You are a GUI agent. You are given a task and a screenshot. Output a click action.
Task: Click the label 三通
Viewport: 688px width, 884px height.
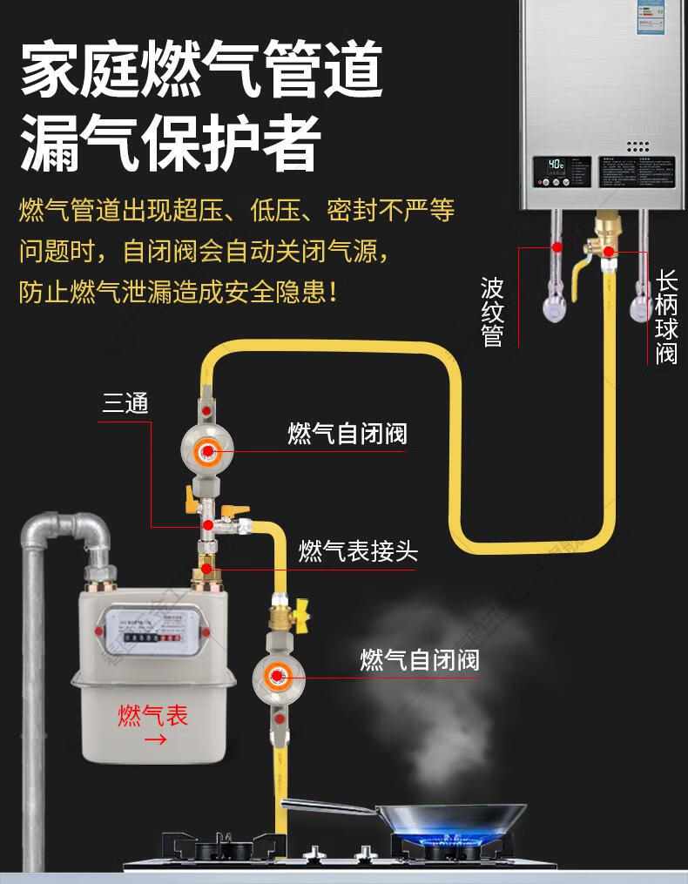tap(126, 403)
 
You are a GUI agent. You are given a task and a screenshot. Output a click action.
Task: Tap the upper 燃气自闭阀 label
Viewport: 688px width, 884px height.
tap(347, 434)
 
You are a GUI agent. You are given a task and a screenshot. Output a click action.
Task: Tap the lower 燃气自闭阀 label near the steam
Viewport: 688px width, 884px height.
tap(420, 659)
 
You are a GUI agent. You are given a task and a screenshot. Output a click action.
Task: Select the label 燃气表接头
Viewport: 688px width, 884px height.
tap(358, 550)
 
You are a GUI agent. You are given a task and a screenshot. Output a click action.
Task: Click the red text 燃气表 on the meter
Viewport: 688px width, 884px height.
tap(153, 716)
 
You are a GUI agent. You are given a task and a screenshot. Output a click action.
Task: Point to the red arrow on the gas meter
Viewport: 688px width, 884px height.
tap(155, 740)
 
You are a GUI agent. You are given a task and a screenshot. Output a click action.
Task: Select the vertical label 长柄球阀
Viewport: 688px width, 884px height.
tap(666, 317)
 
